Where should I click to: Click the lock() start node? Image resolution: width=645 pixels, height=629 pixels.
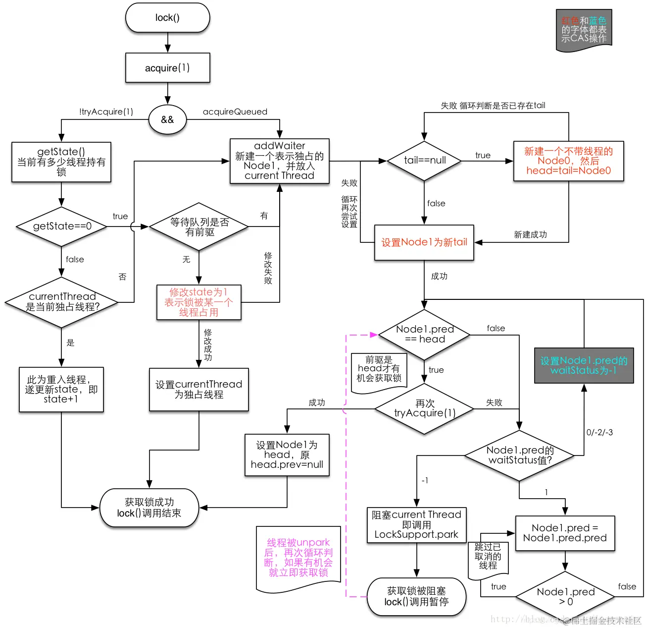[167, 18]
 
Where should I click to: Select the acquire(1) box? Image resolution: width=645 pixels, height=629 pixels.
[167, 68]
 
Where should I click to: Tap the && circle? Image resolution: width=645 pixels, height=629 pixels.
[167, 119]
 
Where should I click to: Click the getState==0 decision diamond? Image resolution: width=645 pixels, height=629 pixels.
[62, 227]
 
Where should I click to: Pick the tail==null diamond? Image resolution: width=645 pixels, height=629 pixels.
[424, 161]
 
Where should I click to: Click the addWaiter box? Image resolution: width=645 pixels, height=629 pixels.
[279, 161]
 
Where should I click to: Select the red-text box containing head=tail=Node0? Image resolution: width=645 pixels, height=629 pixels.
[568, 161]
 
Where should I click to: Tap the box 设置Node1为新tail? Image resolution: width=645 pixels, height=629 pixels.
[424, 242]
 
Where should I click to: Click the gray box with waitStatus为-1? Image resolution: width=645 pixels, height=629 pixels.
[584, 365]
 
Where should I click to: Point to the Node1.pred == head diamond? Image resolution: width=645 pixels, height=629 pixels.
[424, 335]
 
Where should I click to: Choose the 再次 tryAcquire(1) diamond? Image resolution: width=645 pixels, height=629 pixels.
[424, 409]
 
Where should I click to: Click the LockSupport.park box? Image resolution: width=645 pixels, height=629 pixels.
[416, 525]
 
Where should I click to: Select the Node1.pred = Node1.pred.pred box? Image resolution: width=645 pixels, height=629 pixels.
[565, 533]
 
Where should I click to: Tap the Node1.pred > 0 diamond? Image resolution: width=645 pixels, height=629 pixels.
[565, 596]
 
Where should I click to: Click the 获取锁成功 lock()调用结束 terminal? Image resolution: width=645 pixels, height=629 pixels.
[149, 508]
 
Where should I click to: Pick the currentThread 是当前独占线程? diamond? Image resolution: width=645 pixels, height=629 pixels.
[62, 302]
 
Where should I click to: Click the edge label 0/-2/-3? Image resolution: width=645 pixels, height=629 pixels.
[599, 432]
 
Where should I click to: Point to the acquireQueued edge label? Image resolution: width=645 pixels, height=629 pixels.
[235, 112]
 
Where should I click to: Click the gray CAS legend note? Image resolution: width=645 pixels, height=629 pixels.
[584, 30]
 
